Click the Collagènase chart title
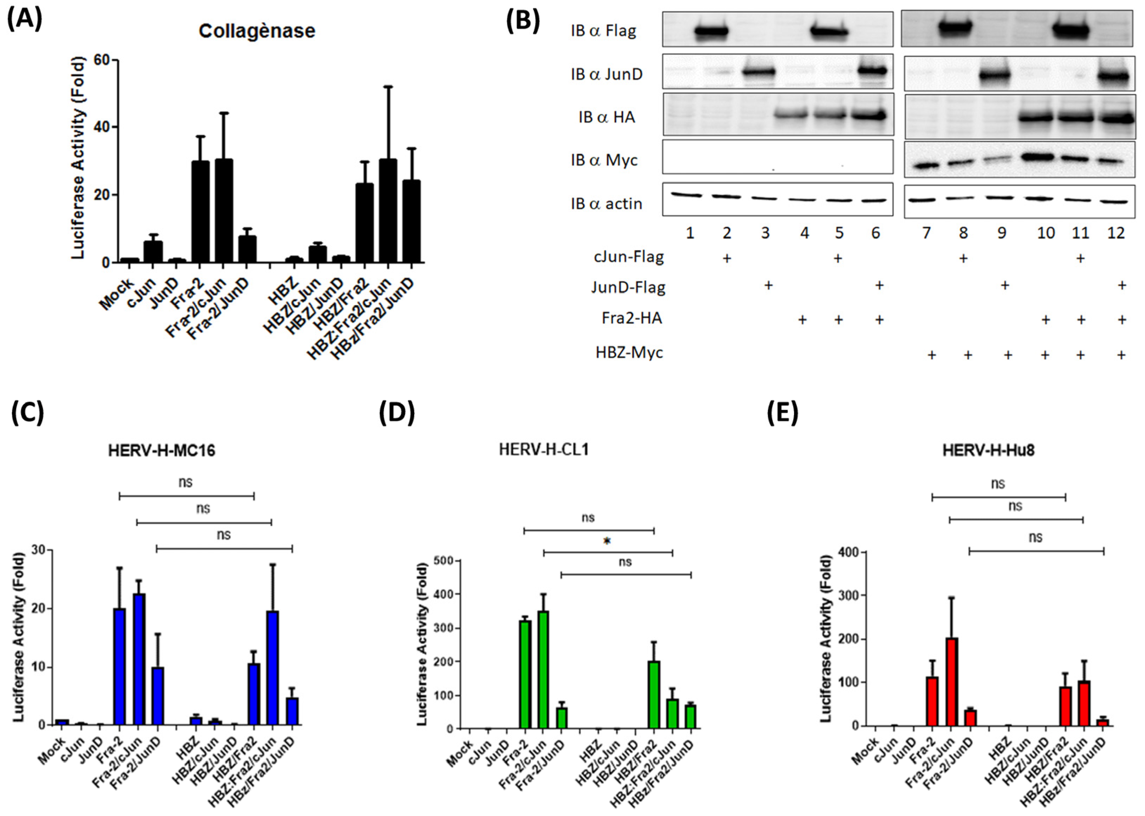tap(257, 31)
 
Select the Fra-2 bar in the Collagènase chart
tap(200, 211)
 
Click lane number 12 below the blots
tap(1116, 233)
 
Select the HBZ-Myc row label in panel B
tap(629, 353)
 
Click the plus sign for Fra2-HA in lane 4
tap(802, 319)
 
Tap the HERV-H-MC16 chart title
tap(161, 451)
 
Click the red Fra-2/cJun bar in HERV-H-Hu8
tap(951, 681)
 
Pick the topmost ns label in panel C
tap(185, 482)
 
